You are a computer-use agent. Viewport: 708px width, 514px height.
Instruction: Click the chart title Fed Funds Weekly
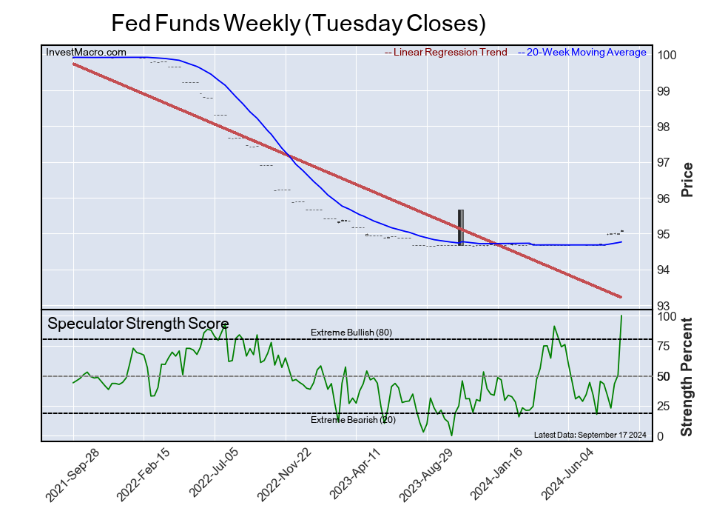coord(298,23)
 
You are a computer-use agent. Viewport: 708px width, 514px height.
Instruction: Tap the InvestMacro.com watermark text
coord(86,53)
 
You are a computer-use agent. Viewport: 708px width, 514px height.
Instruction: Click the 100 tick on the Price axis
coord(667,55)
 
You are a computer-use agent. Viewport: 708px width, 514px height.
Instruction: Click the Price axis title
coord(687,179)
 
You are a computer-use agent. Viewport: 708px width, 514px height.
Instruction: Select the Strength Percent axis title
coord(687,376)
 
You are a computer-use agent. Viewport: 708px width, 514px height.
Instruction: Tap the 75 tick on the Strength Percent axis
coord(664,346)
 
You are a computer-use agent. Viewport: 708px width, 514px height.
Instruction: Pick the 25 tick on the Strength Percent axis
coord(664,406)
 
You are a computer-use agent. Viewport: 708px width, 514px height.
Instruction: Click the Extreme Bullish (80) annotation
coord(351,332)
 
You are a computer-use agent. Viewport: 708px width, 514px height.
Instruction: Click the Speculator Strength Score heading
coord(138,324)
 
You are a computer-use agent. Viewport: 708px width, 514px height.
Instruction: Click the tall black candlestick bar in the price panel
coord(460,227)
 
